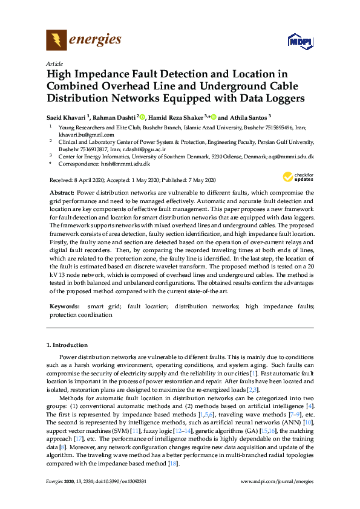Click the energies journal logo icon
click(x=57, y=41)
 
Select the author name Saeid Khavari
click(x=68, y=117)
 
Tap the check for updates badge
click(x=296, y=177)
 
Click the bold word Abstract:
click(x=62, y=192)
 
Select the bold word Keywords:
click(x=63, y=307)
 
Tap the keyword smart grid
click(x=101, y=307)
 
